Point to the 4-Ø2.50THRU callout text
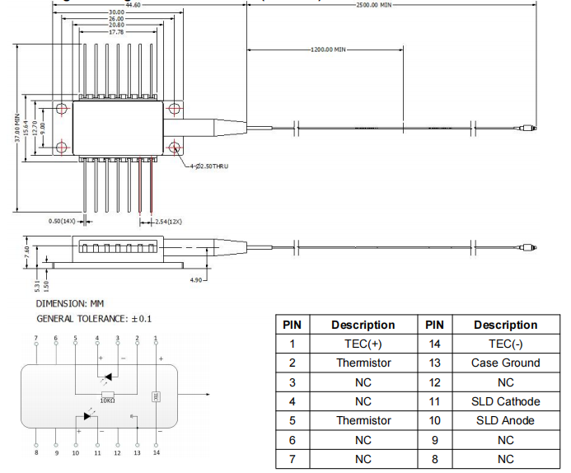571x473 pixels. click(208, 166)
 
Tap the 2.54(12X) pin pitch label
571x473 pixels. click(168, 222)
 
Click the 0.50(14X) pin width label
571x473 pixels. click(63, 221)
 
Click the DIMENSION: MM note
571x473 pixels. click(70, 304)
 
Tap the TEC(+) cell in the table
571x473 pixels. click(363, 344)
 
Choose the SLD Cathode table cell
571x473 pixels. click(505, 401)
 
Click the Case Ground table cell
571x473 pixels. click(505, 363)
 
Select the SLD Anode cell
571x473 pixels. click(505, 420)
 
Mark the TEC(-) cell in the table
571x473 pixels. click(505, 344)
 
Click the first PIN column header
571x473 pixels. click(292, 325)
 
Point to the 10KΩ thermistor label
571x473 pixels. click(107, 400)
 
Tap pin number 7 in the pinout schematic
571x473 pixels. click(35, 339)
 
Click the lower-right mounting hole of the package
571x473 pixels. click(176, 148)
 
